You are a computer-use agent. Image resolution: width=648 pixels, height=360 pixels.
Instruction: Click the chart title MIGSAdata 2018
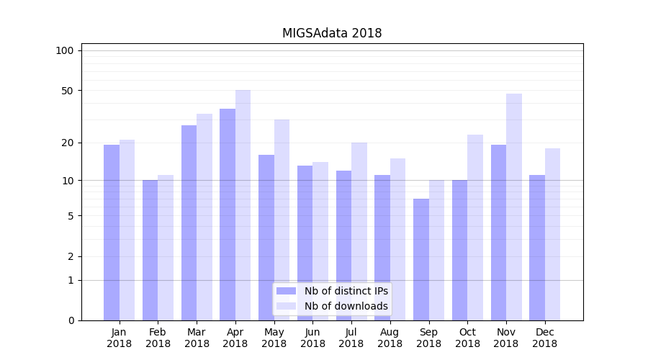[331, 33]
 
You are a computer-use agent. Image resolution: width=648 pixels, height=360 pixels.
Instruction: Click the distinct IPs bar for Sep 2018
[421, 259]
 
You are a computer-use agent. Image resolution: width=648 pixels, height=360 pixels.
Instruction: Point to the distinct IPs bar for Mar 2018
[189, 222]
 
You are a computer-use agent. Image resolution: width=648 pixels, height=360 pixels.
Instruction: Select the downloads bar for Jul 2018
[359, 231]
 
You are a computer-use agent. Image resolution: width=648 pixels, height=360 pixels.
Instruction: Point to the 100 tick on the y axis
[65, 50]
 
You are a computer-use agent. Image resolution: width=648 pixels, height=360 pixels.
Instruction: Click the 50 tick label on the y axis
[68, 91]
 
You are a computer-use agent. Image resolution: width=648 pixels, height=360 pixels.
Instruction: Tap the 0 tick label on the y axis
[71, 320]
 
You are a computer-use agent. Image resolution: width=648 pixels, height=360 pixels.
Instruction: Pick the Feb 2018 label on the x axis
[158, 338]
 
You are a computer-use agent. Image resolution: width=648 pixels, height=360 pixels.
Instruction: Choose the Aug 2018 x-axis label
[390, 338]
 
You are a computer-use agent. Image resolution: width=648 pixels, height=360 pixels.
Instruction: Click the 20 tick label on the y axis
[68, 143]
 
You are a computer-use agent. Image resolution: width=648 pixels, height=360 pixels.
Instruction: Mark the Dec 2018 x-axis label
[544, 338]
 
